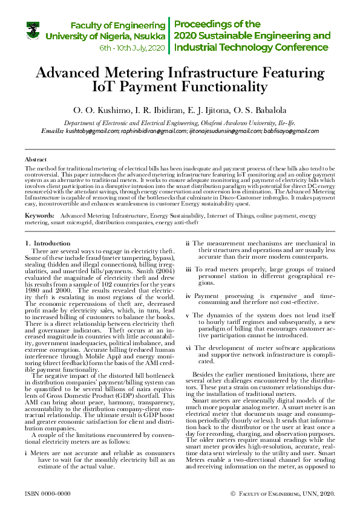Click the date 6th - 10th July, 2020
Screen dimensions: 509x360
(133, 47)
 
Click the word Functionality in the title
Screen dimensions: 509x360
(212, 87)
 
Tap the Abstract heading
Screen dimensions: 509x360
(35, 158)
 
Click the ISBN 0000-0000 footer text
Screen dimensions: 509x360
(48, 494)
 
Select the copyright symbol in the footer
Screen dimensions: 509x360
(233, 494)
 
